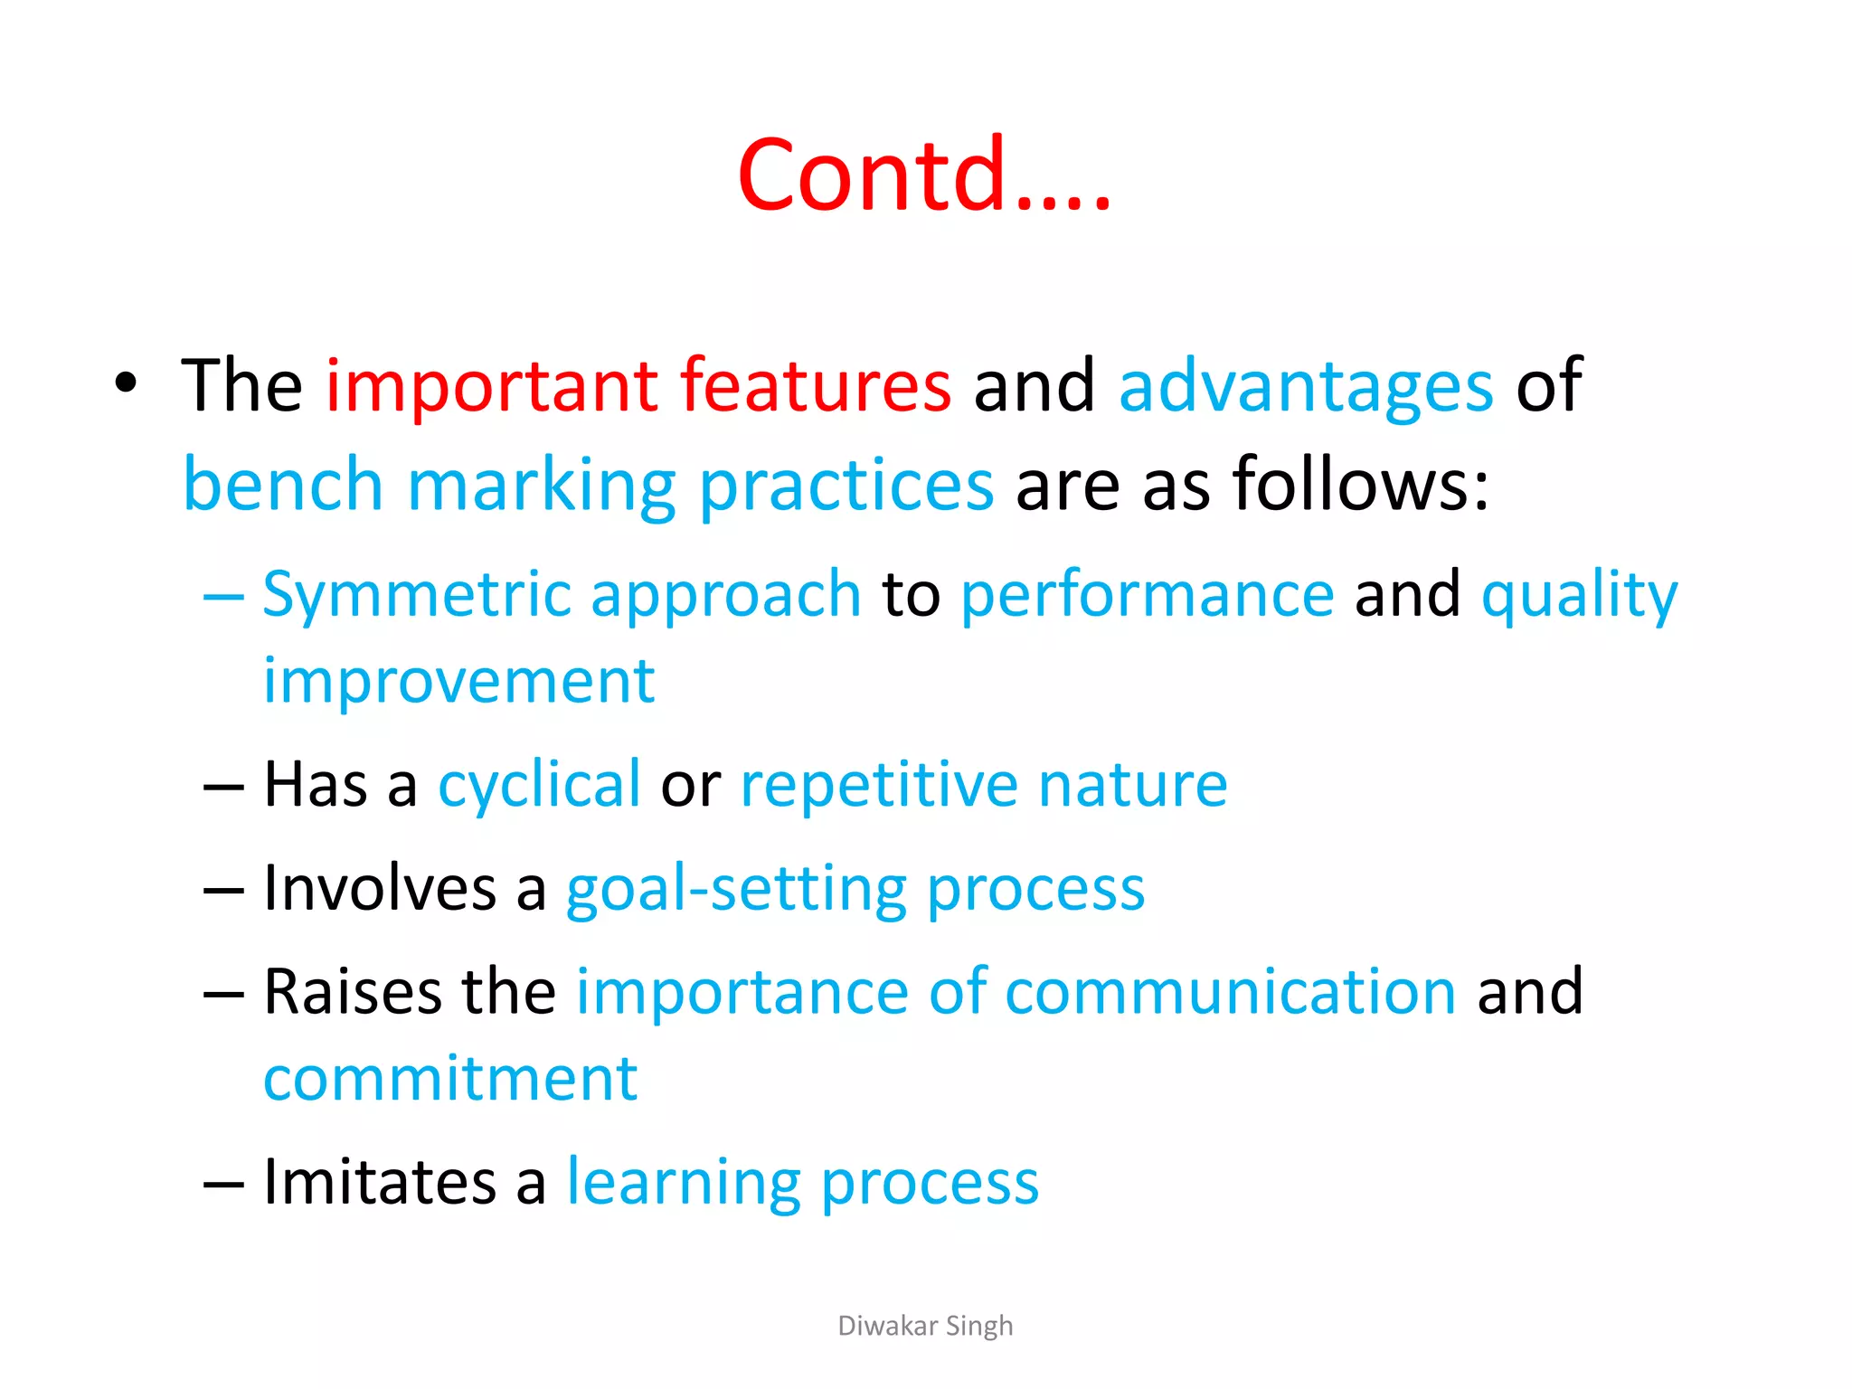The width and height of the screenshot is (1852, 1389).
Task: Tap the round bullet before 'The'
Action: (x=126, y=383)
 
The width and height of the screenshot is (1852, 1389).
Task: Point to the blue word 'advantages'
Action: (x=1305, y=387)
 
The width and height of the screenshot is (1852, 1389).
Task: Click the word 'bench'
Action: (x=283, y=485)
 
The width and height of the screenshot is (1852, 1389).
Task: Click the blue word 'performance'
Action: (x=1147, y=596)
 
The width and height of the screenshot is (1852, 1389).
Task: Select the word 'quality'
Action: (x=1579, y=596)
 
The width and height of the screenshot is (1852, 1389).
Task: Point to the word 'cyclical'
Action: (x=539, y=785)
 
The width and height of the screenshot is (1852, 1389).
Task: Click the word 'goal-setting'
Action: (x=735, y=890)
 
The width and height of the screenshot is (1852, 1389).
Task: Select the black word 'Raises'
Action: (x=353, y=992)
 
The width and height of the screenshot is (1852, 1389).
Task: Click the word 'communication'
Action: (x=1230, y=992)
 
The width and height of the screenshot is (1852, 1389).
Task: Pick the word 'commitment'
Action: (x=450, y=1079)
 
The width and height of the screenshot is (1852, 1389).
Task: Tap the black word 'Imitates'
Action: (x=379, y=1182)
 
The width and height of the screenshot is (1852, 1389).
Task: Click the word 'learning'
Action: (x=683, y=1184)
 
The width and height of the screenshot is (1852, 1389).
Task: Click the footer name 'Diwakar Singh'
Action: (x=925, y=1326)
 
